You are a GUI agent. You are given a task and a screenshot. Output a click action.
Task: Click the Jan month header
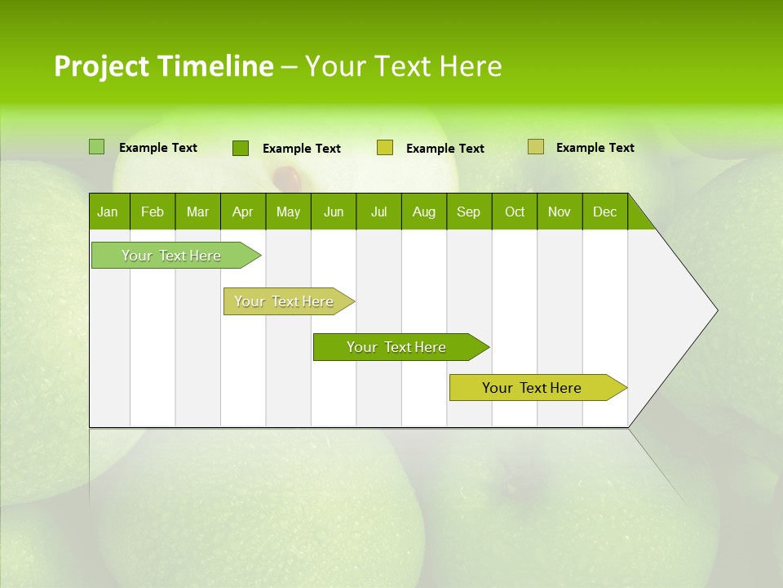pos(108,212)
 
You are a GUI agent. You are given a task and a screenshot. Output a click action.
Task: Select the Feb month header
pos(153,212)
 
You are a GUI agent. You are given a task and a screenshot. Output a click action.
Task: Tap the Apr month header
pos(242,212)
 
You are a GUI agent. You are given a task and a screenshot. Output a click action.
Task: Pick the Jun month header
pos(334,212)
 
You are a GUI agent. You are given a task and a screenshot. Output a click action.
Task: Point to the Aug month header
pos(423,212)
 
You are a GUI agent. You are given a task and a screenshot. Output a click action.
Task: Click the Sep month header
pos(468,212)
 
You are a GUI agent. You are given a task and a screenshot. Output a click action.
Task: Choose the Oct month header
pos(515,212)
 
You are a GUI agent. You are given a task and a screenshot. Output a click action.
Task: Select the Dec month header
pos(604,212)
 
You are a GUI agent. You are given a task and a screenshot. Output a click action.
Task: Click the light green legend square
pos(96,147)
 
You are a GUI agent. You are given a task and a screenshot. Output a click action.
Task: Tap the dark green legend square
pos(241,148)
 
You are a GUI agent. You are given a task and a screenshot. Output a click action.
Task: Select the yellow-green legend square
pos(385,148)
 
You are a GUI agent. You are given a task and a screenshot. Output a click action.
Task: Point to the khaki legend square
pos(536,147)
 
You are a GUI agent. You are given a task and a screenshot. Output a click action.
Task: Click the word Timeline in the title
pos(215,66)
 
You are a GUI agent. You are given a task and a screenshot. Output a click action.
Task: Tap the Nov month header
pos(560,212)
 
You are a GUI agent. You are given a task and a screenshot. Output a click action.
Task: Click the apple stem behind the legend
pos(286,176)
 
